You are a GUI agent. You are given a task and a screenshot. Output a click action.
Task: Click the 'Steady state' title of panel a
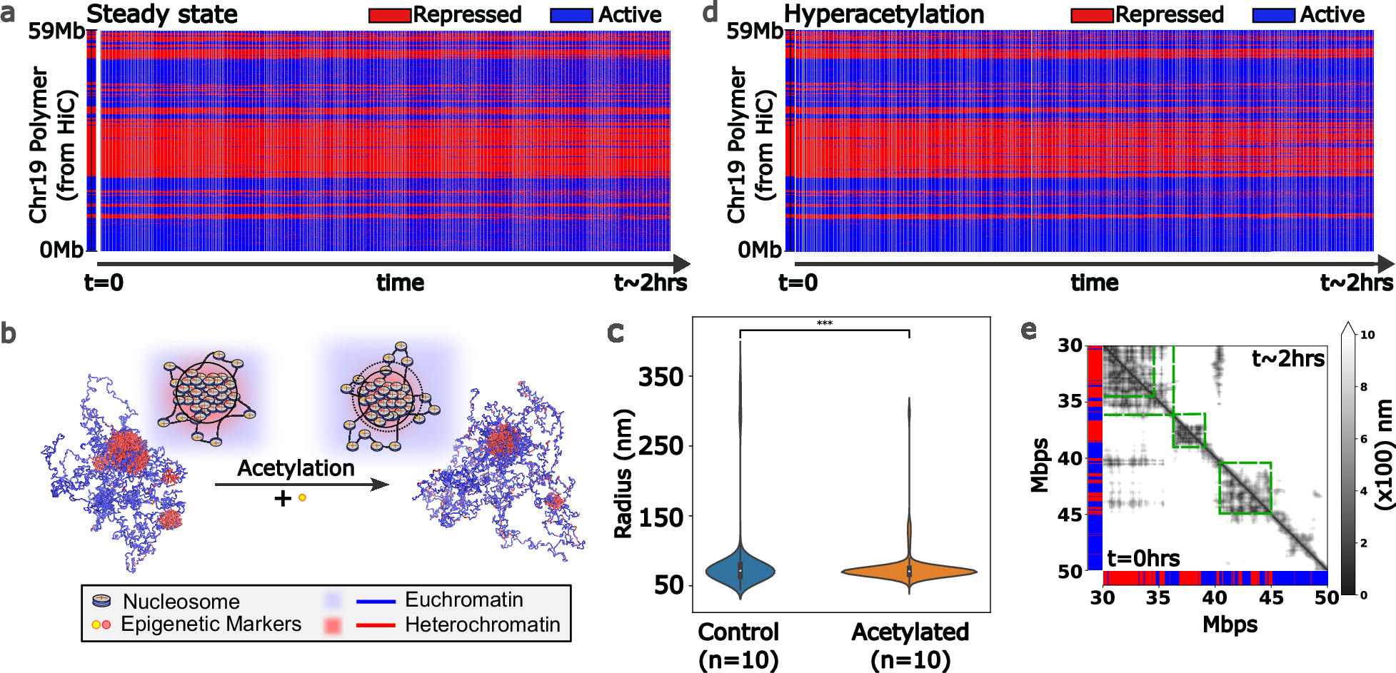tap(161, 14)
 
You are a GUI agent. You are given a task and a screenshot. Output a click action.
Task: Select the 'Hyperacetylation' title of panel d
tap(884, 14)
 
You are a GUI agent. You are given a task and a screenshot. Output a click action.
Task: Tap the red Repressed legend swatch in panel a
tap(389, 15)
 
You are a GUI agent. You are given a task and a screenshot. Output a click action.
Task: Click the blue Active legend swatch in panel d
tap(1273, 15)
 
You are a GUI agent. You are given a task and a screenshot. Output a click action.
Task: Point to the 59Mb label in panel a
tap(56, 31)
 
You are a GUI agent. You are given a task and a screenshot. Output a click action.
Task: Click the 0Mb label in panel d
tap(760, 250)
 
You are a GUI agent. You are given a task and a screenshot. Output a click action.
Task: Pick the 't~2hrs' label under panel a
tap(650, 283)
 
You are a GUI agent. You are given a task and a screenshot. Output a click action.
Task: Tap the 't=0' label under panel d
tap(798, 283)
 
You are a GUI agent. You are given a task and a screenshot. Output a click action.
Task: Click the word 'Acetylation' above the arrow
tap(296, 468)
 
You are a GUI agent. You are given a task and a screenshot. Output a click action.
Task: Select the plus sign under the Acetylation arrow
tap(283, 498)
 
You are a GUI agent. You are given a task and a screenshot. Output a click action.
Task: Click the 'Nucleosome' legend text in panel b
tap(181, 601)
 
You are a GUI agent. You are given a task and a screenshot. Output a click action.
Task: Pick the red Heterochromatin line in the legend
tap(375, 625)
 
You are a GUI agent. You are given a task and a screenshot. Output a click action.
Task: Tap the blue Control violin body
tap(740, 570)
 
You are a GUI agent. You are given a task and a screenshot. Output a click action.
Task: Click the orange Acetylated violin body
tap(909, 572)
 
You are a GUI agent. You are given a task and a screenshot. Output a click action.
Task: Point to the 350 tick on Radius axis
tap(661, 376)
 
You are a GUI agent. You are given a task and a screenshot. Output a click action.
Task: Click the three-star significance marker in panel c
tap(824, 324)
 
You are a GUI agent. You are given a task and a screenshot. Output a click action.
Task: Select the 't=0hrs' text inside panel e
tap(1143, 558)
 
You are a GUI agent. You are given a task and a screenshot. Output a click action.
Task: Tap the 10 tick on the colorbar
tap(1367, 335)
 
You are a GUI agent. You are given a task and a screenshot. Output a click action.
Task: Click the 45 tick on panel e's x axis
tap(1271, 597)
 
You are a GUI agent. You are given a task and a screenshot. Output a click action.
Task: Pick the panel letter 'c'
tap(615, 333)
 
